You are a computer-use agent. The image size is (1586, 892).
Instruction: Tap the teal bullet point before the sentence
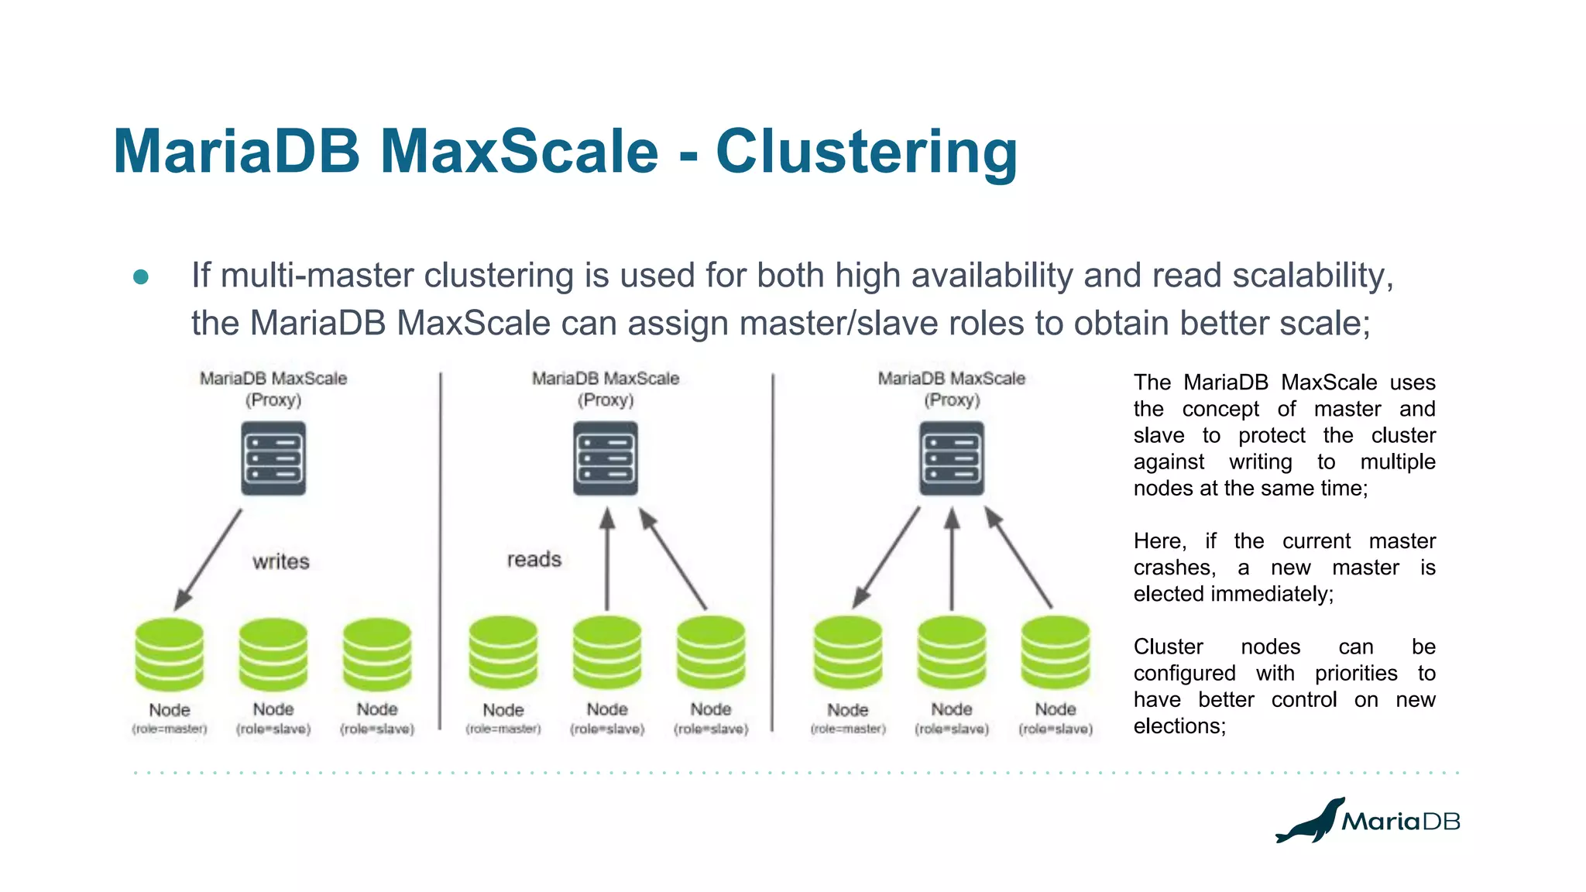tap(141, 277)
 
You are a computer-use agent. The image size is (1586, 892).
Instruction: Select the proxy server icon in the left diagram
tap(273, 458)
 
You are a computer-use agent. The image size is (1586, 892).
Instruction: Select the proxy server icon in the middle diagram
tap(606, 458)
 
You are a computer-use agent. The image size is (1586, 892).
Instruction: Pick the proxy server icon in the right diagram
tap(952, 458)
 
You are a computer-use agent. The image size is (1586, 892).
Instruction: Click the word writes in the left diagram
tap(280, 561)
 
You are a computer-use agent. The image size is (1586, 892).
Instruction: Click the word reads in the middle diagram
tap(534, 559)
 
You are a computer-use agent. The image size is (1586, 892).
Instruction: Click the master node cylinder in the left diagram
tap(169, 654)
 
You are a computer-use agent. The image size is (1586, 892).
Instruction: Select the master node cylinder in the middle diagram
tap(503, 653)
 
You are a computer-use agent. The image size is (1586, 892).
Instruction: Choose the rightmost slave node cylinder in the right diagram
tap(1055, 653)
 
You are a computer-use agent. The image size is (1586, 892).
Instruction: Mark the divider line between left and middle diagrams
tap(440, 550)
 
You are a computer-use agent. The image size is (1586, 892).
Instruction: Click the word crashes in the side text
tap(1173, 568)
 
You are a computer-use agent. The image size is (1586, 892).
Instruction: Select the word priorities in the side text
tap(1355, 674)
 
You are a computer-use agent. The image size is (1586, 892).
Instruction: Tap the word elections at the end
tap(1178, 726)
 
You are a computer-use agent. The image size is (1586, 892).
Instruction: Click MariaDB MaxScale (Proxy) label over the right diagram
tap(951, 389)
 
